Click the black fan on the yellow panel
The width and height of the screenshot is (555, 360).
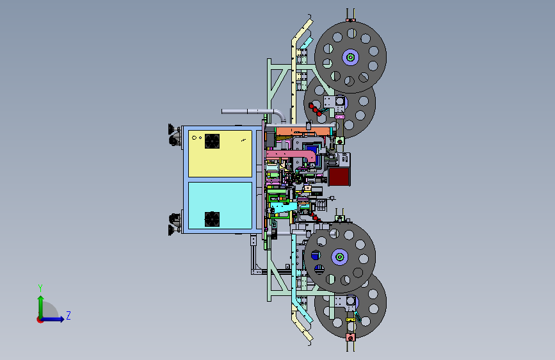click(212, 141)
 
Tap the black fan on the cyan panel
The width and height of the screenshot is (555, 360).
click(212, 219)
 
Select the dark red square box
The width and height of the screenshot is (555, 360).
click(339, 176)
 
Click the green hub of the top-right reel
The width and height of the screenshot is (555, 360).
click(350, 57)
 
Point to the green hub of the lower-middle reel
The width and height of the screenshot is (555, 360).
click(339, 256)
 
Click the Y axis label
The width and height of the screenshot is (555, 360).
click(40, 288)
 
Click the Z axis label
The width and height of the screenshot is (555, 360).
click(68, 315)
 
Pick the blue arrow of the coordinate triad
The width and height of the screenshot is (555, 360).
click(52, 319)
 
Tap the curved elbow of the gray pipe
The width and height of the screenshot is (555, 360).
click(280, 115)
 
